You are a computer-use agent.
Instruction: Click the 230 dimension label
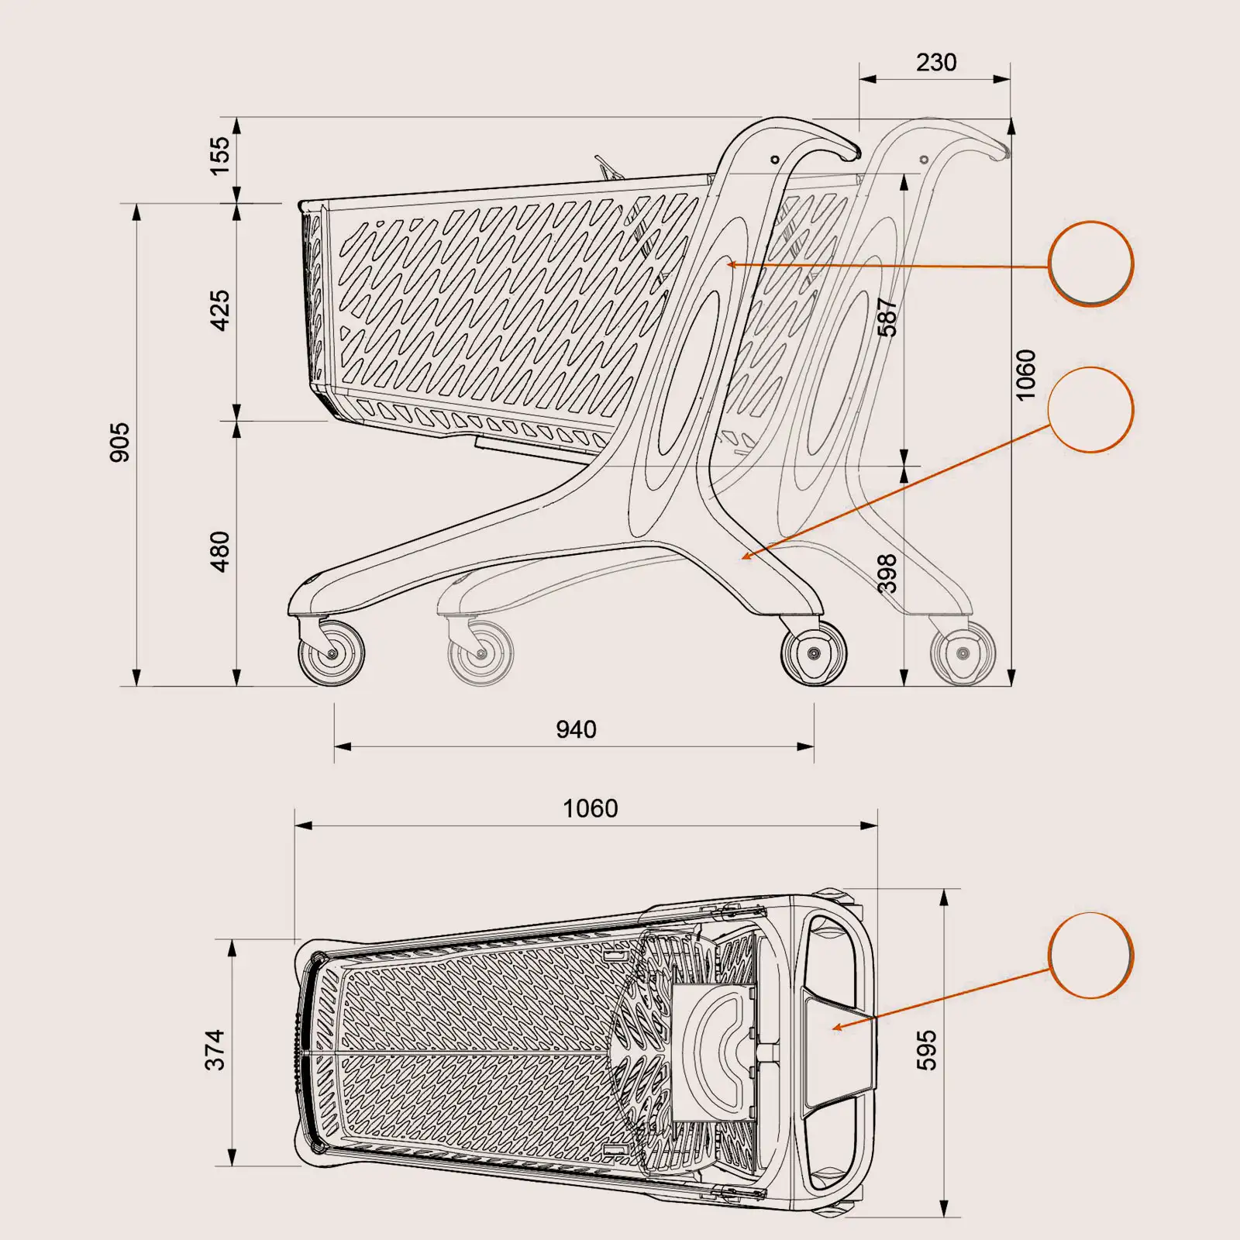(x=935, y=62)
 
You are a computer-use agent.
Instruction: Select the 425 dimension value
(x=220, y=310)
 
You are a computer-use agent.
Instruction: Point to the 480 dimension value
(x=220, y=551)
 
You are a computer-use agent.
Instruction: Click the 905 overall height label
(x=119, y=442)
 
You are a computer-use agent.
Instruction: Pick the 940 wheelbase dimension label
(x=576, y=729)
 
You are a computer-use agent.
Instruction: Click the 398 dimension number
(x=887, y=573)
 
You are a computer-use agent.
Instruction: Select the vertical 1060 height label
(x=1025, y=375)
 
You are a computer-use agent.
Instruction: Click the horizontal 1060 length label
(x=590, y=808)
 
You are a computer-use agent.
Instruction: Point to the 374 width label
(x=215, y=1049)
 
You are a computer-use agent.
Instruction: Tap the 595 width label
(x=927, y=1049)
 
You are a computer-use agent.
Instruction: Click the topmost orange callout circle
(x=1090, y=263)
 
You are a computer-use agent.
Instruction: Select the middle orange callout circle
(x=1090, y=409)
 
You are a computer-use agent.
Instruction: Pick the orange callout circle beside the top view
(x=1090, y=955)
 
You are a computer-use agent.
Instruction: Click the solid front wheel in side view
(x=332, y=653)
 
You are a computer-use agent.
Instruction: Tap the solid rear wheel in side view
(x=814, y=653)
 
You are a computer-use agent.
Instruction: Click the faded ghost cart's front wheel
(x=480, y=653)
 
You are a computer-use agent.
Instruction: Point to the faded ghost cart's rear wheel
(x=963, y=653)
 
